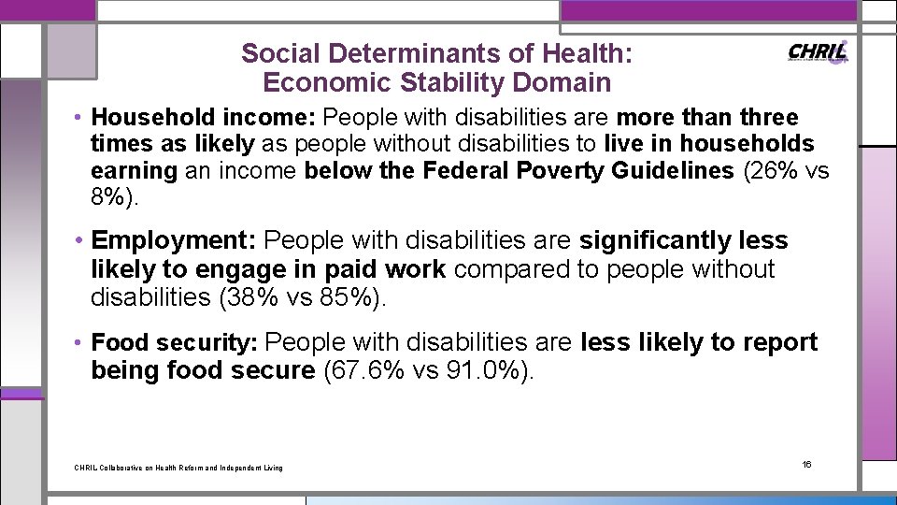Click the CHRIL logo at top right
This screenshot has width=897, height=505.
click(x=819, y=52)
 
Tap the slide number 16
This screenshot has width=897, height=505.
click(x=807, y=465)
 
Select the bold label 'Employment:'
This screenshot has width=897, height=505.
click(x=174, y=241)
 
